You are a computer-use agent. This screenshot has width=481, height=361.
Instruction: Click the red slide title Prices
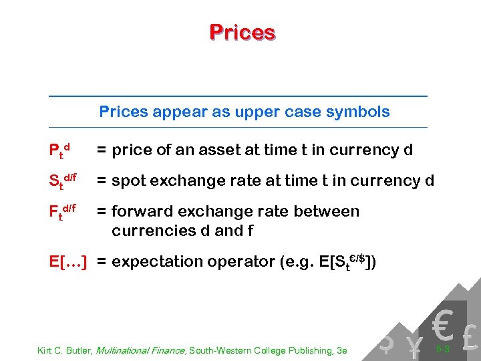242,32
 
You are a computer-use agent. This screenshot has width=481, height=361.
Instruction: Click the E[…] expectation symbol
69,261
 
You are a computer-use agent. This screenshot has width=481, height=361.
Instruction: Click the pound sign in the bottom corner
470,338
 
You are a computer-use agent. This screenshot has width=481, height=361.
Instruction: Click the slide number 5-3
442,349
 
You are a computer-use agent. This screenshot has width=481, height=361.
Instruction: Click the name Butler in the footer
79,350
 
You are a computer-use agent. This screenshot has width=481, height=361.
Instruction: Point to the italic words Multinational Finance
138,350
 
